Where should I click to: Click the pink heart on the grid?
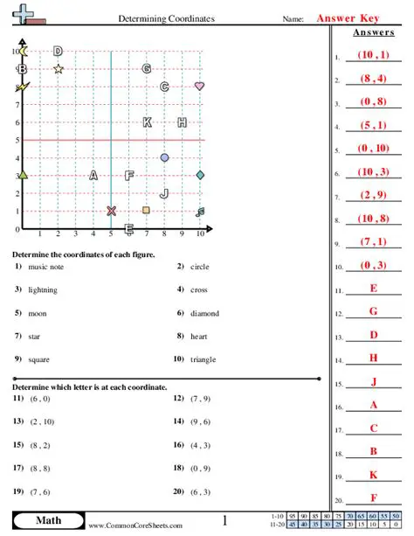coord(200,87)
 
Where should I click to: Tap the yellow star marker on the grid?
coord(58,68)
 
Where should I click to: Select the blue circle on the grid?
coord(164,157)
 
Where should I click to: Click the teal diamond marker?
coord(200,175)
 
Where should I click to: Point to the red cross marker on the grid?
coord(111,211)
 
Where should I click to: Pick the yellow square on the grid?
coord(146,210)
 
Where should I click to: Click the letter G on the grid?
coord(147,68)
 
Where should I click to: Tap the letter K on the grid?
coord(147,122)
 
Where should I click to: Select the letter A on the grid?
coord(93,175)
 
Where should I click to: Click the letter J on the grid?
coord(164,192)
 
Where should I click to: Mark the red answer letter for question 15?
coord(374,380)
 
